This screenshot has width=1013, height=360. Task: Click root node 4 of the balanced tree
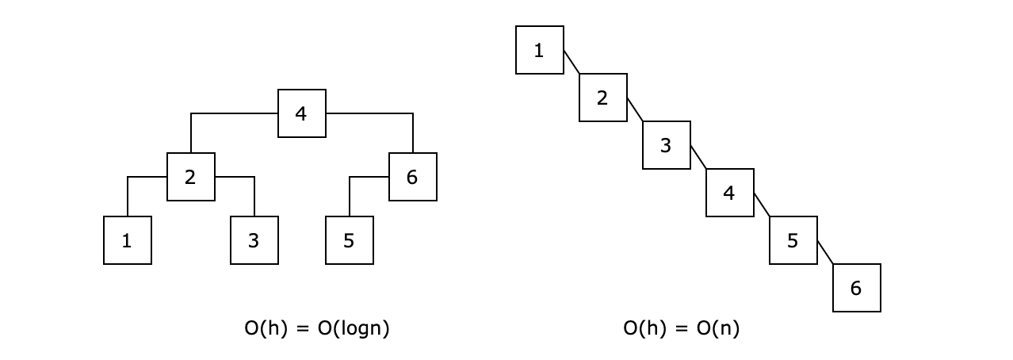pyautogui.click(x=301, y=113)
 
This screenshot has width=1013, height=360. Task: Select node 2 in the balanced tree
pyautogui.click(x=190, y=177)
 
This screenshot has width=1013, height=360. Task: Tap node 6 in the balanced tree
pyautogui.click(x=412, y=177)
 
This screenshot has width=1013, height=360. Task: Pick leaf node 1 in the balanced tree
pyautogui.click(x=127, y=240)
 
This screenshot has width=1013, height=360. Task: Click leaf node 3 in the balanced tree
pyautogui.click(x=254, y=240)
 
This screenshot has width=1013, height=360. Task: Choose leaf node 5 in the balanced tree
pyautogui.click(x=349, y=240)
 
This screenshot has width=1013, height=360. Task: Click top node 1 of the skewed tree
pyautogui.click(x=539, y=50)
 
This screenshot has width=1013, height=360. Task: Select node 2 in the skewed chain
pyautogui.click(x=602, y=98)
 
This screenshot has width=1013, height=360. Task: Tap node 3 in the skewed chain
pyautogui.click(x=666, y=145)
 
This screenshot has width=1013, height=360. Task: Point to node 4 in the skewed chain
pyautogui.click(x=729, y=193)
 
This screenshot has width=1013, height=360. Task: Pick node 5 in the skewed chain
pyautogui.click(x=793, y=240)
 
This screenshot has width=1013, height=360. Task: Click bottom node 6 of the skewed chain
pyautogui.click(x=856, y=288)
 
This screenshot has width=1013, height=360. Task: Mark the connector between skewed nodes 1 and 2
pyautogui.click(x=571, y=62)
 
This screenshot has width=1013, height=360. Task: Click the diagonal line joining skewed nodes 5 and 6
pyautogui.click(x=825, y=252)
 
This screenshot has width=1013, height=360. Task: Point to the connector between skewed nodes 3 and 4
pyautogui.click(x=698, y=157)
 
